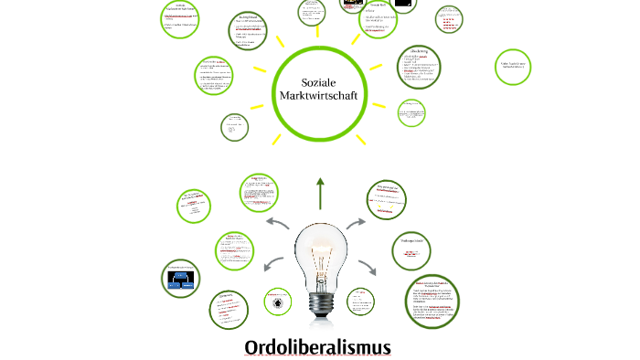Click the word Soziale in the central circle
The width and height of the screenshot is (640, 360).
point(319,80)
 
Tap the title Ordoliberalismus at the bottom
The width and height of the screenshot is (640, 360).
point(317,347)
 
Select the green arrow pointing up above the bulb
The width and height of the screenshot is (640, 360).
point(320,193)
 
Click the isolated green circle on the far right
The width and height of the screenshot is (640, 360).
point(513,67)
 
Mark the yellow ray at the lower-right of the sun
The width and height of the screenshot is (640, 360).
point(361,140)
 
